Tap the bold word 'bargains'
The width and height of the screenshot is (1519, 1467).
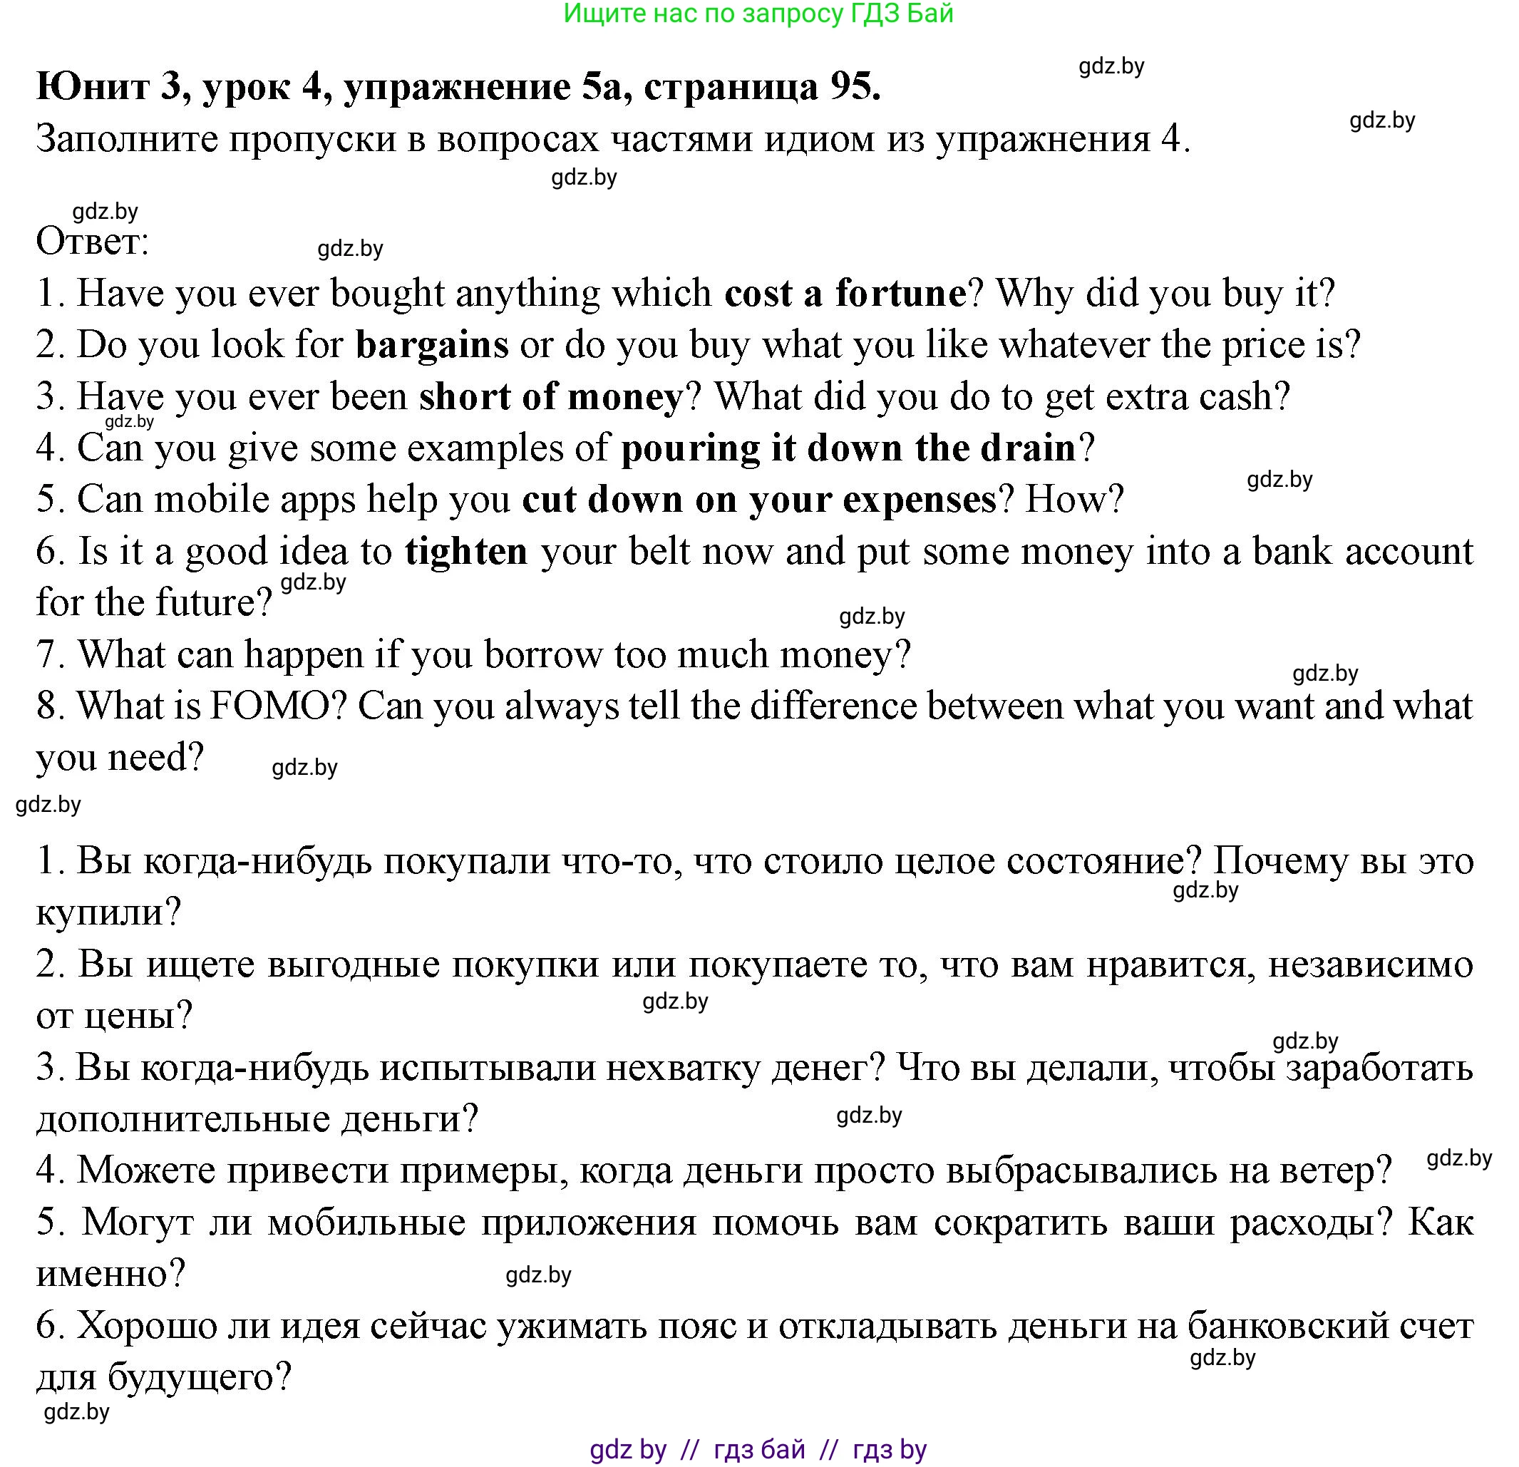click(432, 345)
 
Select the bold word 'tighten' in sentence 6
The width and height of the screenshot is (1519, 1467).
click(465, 552)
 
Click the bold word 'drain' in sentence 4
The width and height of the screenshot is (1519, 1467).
click(1028, 448)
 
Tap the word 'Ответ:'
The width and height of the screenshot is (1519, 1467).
click(92, 242)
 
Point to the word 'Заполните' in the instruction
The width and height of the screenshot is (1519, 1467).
click(124, 140)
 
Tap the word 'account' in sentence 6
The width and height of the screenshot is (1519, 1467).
click(1409, 552)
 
